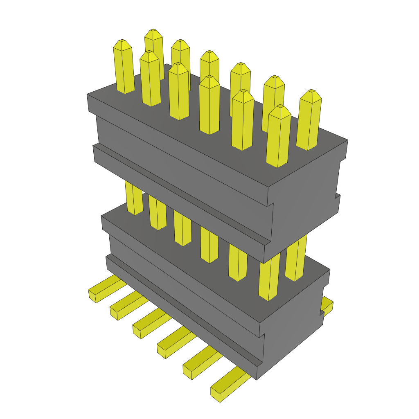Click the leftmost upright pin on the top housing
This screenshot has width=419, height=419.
point(124,68)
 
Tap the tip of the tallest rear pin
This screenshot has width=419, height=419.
point(153,32)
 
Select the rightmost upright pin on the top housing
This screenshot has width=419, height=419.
point(309,121)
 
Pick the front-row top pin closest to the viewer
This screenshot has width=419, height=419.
point(278,137)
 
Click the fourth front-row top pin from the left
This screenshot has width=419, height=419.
point(209,106)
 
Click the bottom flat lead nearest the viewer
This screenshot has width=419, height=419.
point(227,387)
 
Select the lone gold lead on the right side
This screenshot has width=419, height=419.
point(327,305)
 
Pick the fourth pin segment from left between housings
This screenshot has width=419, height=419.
point(209,246)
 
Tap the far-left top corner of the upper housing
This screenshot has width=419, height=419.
point(88,95)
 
